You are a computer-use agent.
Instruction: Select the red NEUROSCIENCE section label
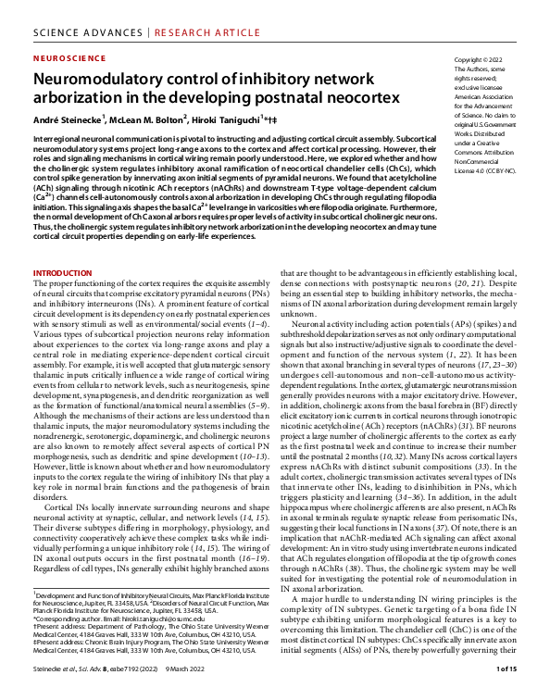point(69,56)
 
